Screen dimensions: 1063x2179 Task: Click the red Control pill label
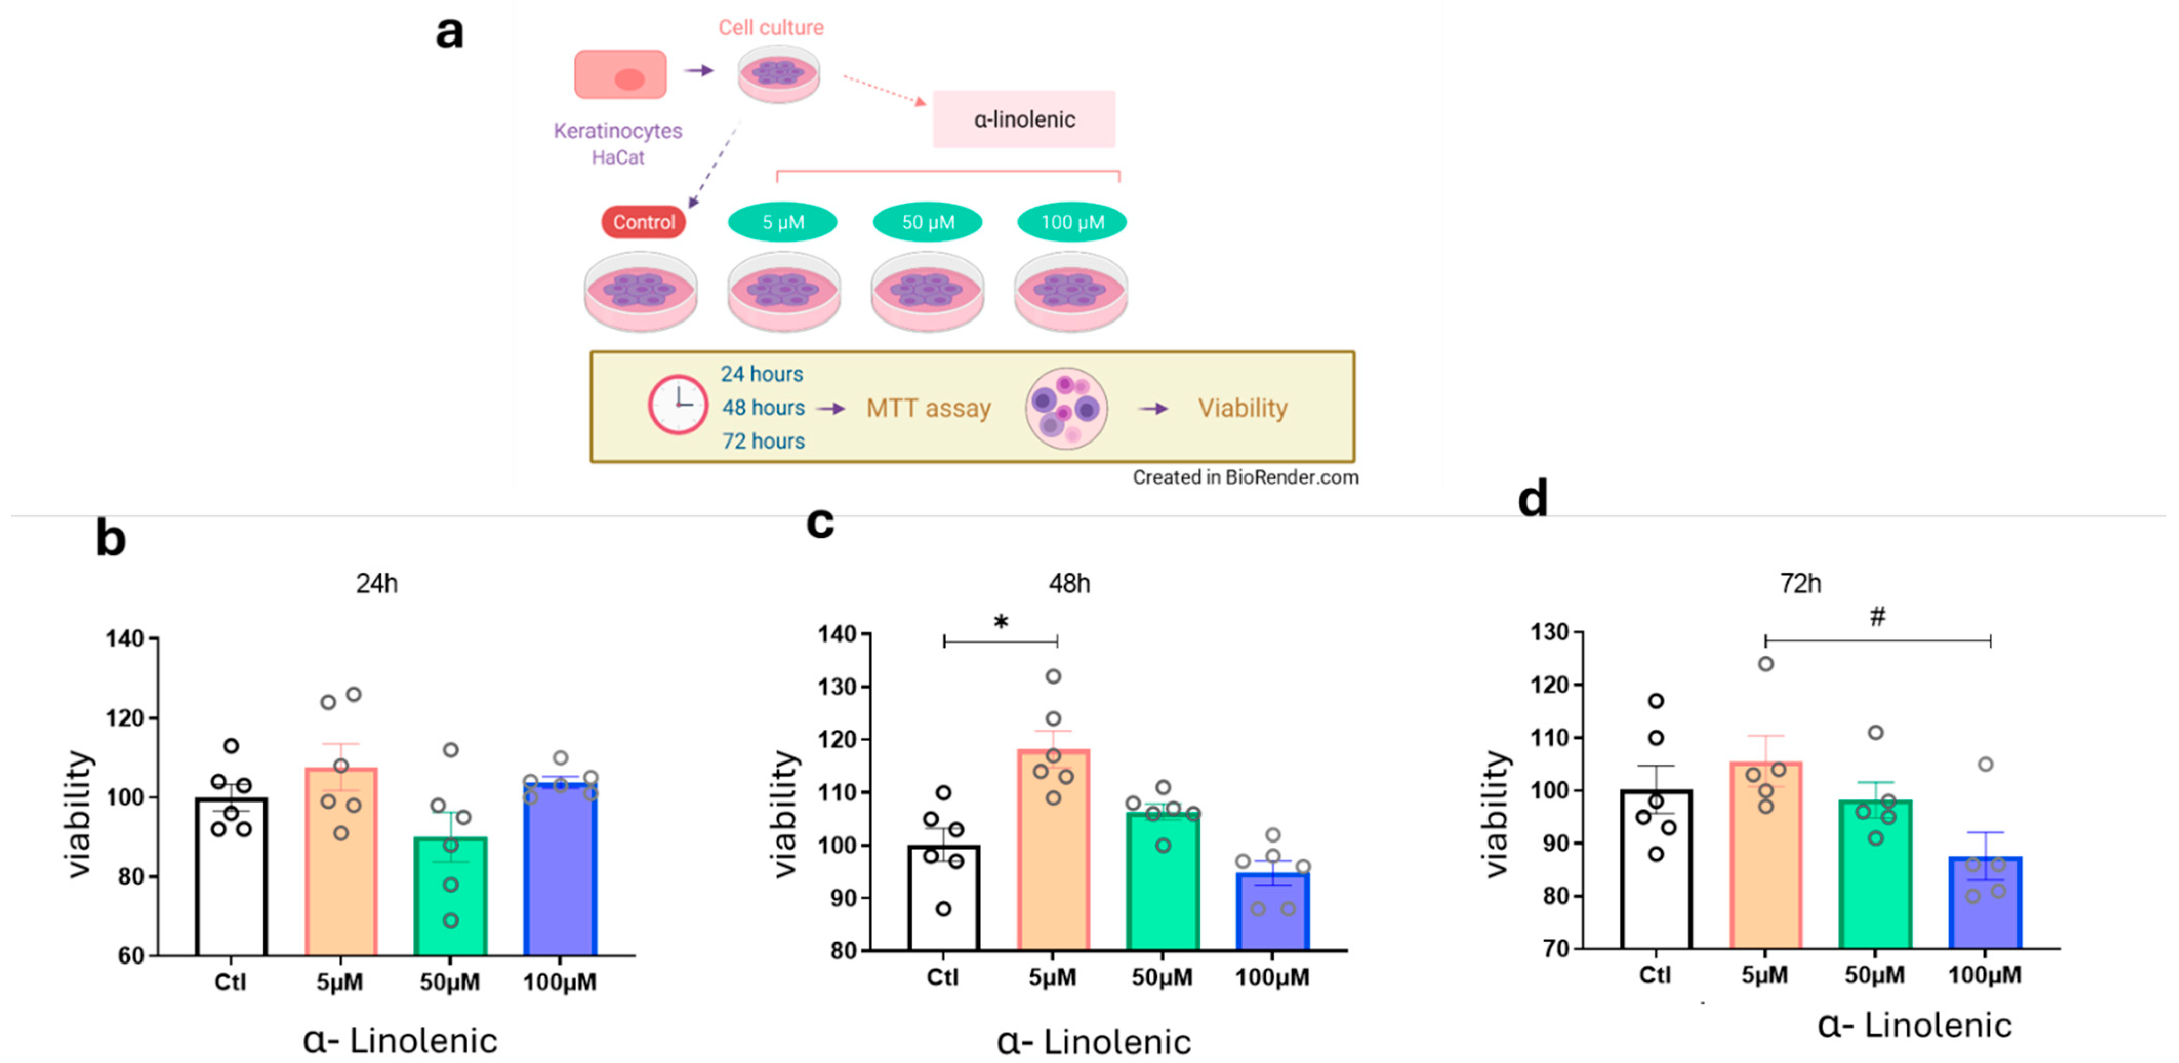(x=644, y=222)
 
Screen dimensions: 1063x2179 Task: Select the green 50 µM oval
(x=927, y=222)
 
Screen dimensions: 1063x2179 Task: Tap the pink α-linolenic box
(x=1024, y=119)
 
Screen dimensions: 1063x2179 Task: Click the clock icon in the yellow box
(x=678, y=405)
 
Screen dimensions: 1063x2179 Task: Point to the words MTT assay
(x=928, y=408)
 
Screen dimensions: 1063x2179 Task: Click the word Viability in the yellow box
(x=1242, y=408)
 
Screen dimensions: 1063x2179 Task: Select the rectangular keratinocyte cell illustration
(x=620, y=74)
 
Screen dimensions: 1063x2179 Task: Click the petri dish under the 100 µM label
(x=1070, y=292)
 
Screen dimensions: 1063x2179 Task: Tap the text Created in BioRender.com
(x=1245, y=477)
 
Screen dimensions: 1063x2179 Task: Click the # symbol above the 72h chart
(x=1877, y=617)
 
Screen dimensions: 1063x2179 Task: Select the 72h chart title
(x=1800, y=584)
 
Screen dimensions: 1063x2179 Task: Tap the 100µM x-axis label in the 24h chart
(x=559, y=982)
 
